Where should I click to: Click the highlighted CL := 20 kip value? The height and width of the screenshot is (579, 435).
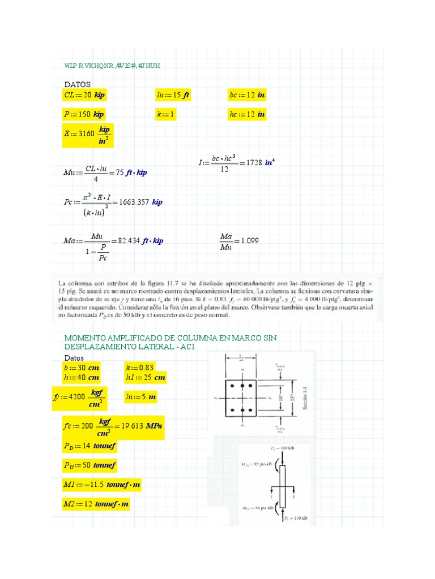[86, 95]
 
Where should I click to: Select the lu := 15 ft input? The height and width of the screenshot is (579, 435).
[173, 95]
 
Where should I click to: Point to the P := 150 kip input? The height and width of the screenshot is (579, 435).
[84, 114]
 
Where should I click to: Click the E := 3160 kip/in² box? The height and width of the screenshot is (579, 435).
[88, 136]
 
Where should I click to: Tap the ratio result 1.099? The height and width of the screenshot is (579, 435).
[249, 240]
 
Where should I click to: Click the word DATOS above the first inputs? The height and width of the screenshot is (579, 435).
[77, 84]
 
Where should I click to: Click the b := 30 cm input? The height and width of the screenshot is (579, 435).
[82, 368]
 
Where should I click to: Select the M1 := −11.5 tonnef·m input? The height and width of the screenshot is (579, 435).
[102, 485]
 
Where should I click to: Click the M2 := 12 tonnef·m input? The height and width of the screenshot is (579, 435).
[96, 504]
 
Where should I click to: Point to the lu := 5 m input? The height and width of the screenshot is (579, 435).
[141, 397]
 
